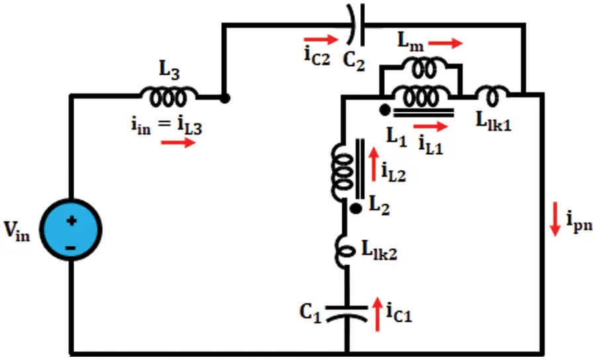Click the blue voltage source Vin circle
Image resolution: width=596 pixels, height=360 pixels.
point(71,230)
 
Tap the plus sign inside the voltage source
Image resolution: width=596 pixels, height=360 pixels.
point(72,220)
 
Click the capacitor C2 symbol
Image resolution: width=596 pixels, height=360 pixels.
point(356,24)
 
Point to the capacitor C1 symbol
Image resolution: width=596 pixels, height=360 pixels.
point(347,314)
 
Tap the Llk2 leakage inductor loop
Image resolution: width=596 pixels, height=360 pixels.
point(346,250)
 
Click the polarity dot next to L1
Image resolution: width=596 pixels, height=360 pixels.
point(385,110)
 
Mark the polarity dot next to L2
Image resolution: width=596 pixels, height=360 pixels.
point(356,208)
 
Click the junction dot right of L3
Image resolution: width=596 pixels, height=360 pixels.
point(224,99)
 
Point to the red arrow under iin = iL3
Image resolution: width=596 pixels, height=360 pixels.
point(178,143)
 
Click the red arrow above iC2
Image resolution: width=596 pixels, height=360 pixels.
point(321,39)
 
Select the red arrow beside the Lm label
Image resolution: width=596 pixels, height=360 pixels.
point(446,43)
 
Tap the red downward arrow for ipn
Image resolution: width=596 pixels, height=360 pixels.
point(556,219)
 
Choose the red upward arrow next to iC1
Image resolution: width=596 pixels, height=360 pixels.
point(377,314)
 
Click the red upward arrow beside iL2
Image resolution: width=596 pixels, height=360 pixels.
point(373,164)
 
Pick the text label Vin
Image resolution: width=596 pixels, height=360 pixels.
point(17,230)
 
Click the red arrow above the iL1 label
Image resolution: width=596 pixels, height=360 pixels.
point(430,126)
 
